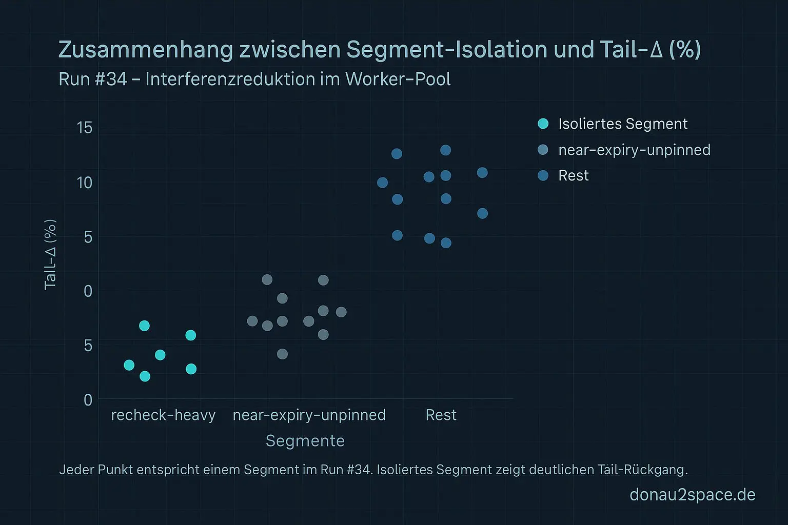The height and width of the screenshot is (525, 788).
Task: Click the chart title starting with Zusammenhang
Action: tap(380, 50)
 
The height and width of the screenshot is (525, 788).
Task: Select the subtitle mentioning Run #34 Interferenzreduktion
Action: tap(254, 79)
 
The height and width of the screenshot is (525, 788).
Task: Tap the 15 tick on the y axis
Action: tap(85, 128)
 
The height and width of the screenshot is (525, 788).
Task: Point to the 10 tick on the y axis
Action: tap(85, 183)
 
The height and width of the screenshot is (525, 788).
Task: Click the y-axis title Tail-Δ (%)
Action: tap(50, 255)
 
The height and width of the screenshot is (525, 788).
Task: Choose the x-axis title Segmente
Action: tap(305, 441)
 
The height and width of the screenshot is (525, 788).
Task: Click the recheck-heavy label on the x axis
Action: tap(163, 415)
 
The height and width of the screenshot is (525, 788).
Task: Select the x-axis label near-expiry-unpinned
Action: tap(309, 415)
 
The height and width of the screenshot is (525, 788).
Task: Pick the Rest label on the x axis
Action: tap(441, 415)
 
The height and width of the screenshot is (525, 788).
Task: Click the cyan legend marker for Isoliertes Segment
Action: tap(543, 124)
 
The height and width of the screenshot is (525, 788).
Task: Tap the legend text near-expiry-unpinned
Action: tap(634, 150)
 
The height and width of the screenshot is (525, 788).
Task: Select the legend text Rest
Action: tap(573, 175)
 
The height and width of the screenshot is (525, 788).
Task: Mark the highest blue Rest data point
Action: tap(445, 150)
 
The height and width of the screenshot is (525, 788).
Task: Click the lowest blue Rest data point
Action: tap(446, 243)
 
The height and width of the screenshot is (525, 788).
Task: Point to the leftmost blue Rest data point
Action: tap(382, 183)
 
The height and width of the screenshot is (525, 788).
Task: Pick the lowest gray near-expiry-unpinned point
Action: tap(282, 354)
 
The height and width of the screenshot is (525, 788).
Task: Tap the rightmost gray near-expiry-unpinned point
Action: tap(341, 312)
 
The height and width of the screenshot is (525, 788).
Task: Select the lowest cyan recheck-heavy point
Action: tap(145, 376)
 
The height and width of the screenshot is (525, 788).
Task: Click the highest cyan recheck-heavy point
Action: tap(144, 326)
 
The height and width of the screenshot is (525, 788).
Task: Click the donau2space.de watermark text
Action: tap(692, 495)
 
